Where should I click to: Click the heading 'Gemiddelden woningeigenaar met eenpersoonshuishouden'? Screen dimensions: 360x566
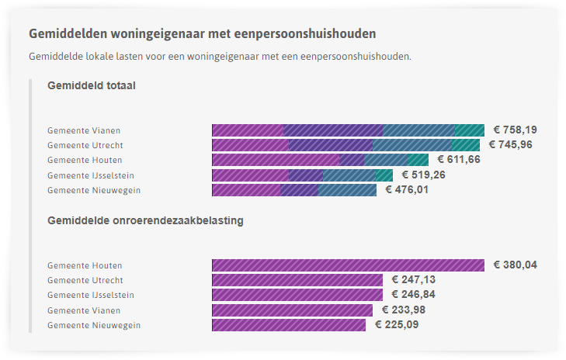203,34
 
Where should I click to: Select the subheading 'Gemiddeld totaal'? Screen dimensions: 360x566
92,85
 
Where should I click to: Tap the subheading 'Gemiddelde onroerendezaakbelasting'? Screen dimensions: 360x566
145,220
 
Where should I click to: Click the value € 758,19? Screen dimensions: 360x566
515,130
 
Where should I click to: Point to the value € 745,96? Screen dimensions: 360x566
510,144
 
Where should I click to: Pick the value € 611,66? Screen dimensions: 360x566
459,159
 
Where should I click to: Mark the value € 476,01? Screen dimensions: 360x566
407,189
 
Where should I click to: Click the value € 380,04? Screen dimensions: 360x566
515,265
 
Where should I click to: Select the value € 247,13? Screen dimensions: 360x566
413,279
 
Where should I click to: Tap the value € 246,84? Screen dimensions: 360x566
413,295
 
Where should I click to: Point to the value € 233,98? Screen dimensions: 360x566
403,310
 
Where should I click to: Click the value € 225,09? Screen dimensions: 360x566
396,324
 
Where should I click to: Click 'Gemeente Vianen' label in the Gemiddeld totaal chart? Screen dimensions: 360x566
84,130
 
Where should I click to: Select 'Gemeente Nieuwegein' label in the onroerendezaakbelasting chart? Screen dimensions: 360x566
94,325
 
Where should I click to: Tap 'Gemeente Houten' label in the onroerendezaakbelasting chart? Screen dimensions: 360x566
85,265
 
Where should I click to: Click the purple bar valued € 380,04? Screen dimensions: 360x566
348,265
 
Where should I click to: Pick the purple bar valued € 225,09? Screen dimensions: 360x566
288,324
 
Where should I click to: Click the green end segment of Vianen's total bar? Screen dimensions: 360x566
469,130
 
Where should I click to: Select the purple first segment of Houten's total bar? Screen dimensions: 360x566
275,159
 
